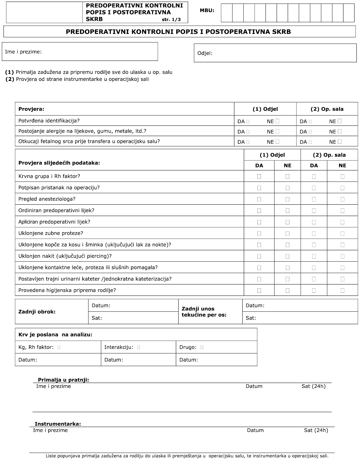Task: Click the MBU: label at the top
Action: pyautogui.click(x=207, y=11)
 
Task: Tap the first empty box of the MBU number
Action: pyautogui.click(x=227, y=13)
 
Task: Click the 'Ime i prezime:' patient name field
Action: pyautogui.click(x=80, y=52)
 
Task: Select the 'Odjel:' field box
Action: pyautogui.click(x=275, y=53)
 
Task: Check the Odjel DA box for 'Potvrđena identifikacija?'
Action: pyautogui.click(x=248, y=121)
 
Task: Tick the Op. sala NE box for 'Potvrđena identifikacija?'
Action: pyautogui.click(x=340, y=121)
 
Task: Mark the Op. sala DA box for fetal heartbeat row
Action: pyautogui.click(x=310, y=142)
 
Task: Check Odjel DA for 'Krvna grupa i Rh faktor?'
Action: pyautogui.click(x=259, y=176)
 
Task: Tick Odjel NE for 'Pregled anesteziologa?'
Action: pyautogui.click(x=287, y=199)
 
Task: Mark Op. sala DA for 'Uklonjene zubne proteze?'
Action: pyautogui.click(x=314, y=233)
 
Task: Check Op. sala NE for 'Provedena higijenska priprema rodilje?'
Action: pyautogui.click(x=342, y=290)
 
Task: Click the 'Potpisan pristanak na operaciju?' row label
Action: pyautogui.click(x=59, y=188)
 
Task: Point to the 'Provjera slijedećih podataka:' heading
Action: pyautogui.click(x=59, y=163)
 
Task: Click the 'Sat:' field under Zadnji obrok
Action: pyautogui.click(x=133, y=318)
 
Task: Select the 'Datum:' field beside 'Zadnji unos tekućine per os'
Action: pyautogui.click(x=300, y=305)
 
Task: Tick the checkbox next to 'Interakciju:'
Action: pyautogui.click(x=139, y=347)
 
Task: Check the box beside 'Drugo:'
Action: pyautogui.click(x=202, y=347)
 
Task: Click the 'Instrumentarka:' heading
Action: pyautogui.click(x=58, y=424)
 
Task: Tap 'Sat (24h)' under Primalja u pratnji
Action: pyautogui.click(x=313, y=386)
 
